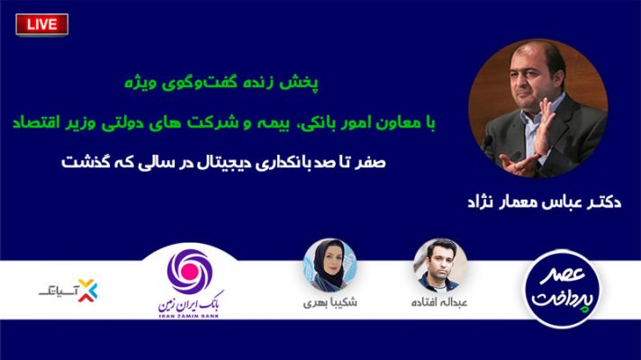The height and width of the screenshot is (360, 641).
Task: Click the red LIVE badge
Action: click(x=41, y=24)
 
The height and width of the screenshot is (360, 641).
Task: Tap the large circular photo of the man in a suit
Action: click(x=538, y=108)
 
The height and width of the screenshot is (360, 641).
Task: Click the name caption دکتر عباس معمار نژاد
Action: click(x=544, y=202)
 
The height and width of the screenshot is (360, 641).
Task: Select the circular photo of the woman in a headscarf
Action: click(x=330, y=265)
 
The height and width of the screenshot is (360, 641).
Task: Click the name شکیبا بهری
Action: click(x=330, y=302)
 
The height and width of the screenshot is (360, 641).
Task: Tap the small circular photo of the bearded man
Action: click(x=440, y=265)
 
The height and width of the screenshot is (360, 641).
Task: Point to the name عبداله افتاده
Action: click(x=439, y=302)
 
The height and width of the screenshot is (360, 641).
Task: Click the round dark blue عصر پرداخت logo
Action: click(x=563, y=289)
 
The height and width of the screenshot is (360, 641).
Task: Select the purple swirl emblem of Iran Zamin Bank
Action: click(x=190, y=271)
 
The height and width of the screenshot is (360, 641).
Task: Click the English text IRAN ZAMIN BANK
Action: click(x=188, y=316)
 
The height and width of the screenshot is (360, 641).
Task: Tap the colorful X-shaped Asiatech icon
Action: click(x=88, y=290)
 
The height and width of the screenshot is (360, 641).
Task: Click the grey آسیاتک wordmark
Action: click(x=58, y=292)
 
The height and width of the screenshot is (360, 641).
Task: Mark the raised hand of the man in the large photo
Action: click(x=545, y=127)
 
